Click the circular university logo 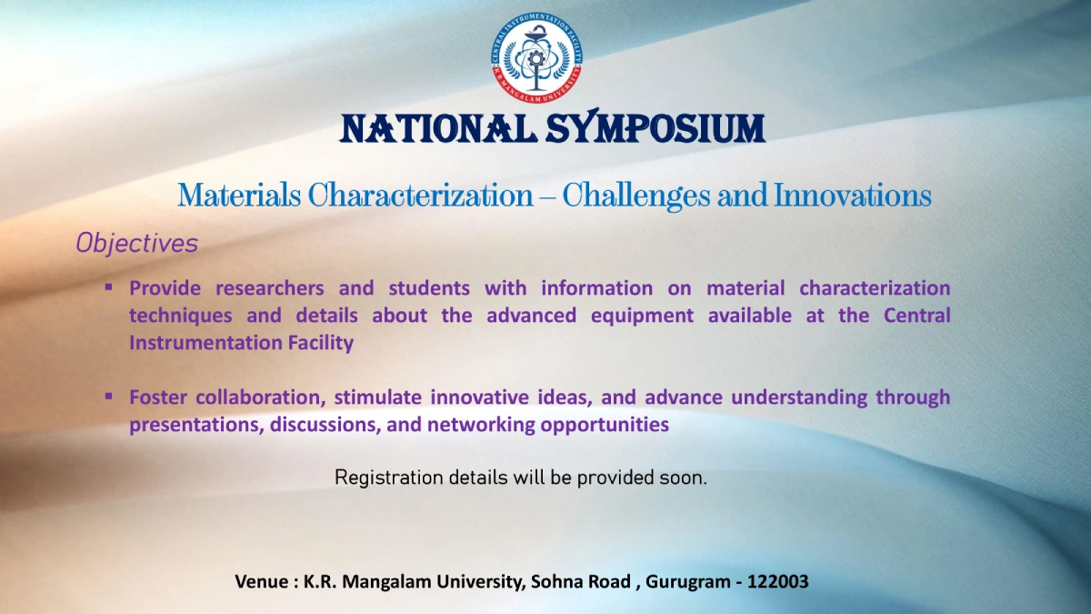536,57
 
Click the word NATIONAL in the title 438,129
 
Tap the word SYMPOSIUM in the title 656,126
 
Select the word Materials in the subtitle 239,196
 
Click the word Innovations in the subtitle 853,196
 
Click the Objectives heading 137,243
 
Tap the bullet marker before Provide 108,287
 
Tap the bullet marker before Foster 108,397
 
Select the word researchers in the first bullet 270,288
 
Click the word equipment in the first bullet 642,317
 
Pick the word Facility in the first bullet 320,343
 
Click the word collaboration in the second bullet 261,398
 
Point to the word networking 481,425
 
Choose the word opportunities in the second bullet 605,426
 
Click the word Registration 389,478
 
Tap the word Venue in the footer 261,581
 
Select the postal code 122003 778,581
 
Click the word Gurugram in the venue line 687,582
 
